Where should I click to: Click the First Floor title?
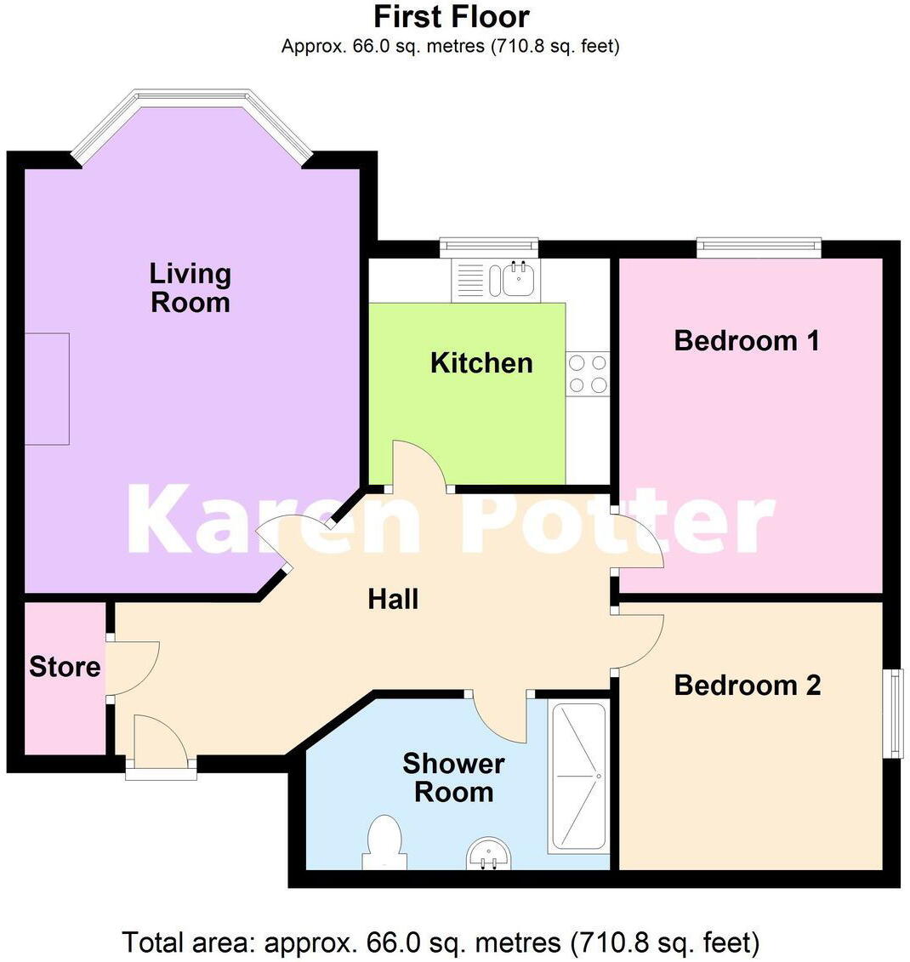click(452, 16)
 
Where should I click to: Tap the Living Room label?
click(191, 287)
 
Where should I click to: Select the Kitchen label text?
click(481, 363)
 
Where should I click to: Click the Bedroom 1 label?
click(747, 341)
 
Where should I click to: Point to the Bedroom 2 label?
click(748, 686)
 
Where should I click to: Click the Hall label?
click(393, 600)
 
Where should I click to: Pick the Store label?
click(65, 667)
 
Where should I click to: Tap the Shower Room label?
click(453, 777)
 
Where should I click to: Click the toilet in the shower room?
click(382, 840)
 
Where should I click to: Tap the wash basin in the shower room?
click(490, 852)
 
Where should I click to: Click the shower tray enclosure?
click(579, 777)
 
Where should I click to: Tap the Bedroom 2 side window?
click(893, 713)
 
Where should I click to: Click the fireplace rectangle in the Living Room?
click(46, 389)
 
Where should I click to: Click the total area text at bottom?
click(441, 942)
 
